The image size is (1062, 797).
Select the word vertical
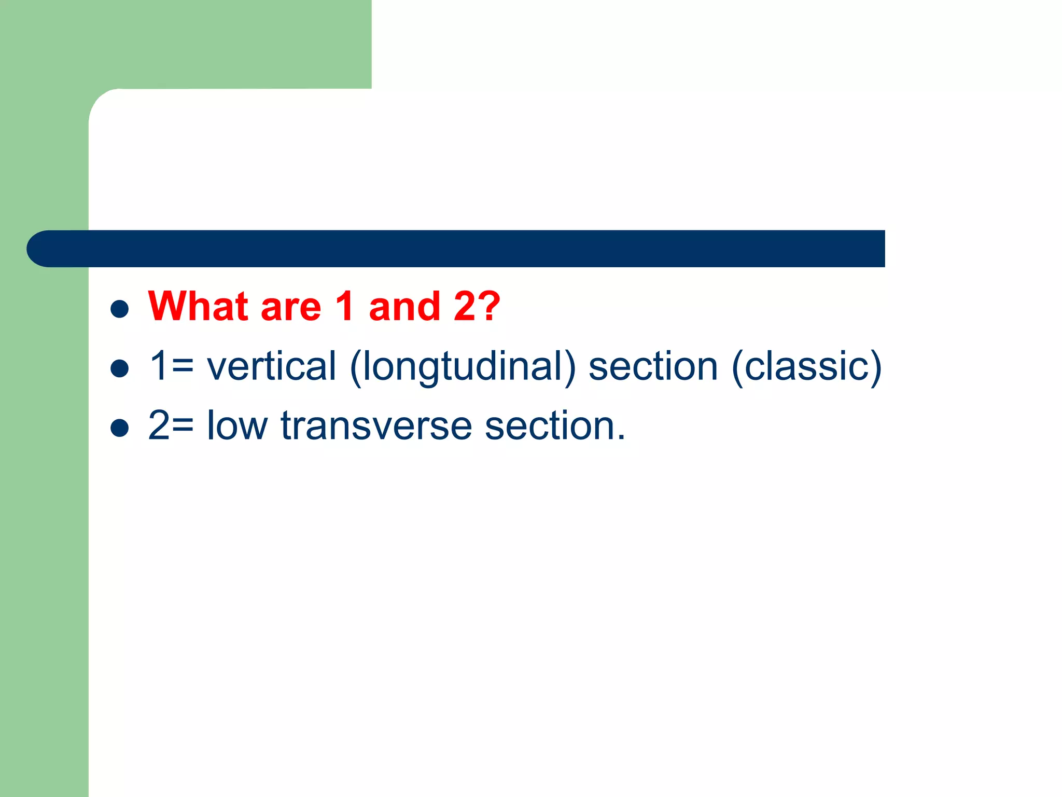pos(271,366)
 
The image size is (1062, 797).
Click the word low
pos(237,425)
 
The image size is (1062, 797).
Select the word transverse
pos(376,425)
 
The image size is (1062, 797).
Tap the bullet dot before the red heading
pos(120,309)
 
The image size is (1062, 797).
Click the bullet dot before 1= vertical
pos(120,368)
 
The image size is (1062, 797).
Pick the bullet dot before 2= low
pos(120,428)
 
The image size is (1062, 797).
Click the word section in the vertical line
pos(653,366)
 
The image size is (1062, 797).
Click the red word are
pos(291,307)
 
